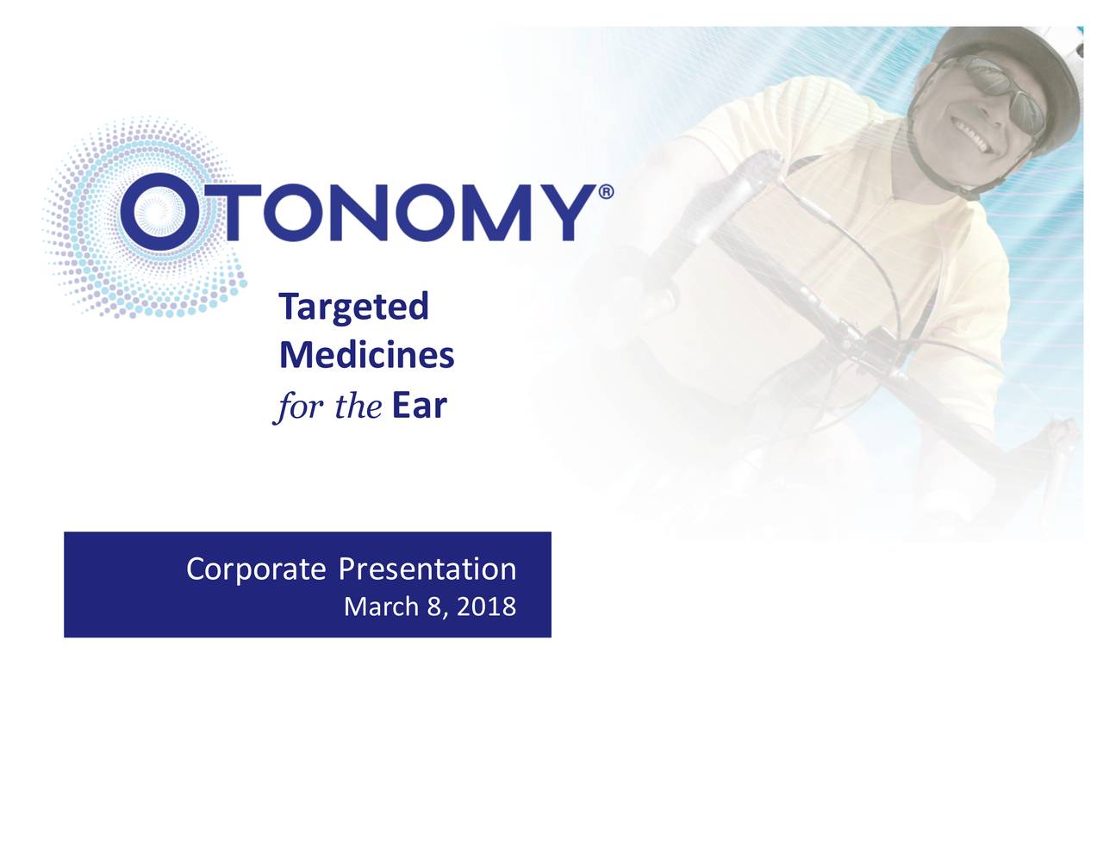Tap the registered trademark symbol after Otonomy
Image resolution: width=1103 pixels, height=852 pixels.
point(606,193)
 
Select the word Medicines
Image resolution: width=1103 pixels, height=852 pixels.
point(366,355)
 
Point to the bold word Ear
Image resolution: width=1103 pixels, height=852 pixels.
point(420,406)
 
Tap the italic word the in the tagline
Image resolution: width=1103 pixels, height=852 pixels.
point(358,406)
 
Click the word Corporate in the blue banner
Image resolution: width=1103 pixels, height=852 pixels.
point(256,569)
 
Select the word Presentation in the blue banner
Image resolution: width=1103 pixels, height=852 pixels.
point(427,569)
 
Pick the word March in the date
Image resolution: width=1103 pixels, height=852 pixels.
point(381,606)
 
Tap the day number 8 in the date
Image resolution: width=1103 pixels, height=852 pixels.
point(434,606)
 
